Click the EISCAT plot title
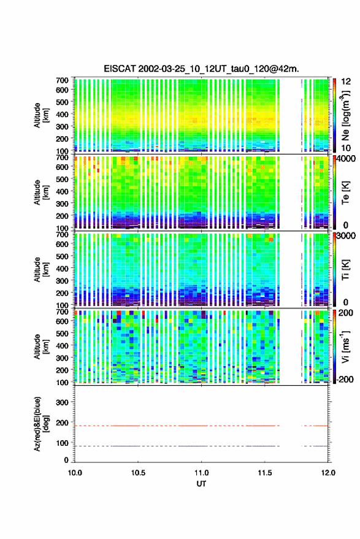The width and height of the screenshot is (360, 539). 201,69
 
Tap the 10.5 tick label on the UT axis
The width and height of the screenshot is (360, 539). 138,473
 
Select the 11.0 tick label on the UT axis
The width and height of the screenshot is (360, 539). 201,473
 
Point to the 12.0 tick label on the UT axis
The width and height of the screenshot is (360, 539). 328,473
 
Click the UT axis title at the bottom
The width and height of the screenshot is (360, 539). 201,484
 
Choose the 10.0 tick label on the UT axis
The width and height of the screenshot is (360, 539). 75,473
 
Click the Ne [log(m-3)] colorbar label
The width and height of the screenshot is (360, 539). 345,115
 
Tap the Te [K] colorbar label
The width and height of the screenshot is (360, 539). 345,193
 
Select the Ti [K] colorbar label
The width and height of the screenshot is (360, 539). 345,270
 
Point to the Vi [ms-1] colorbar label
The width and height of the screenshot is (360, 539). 345,346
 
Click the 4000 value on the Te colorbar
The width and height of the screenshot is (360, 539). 346,159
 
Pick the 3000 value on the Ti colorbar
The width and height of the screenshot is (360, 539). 346,236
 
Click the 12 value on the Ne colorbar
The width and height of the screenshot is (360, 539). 347,82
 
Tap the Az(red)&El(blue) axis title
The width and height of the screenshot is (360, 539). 40,424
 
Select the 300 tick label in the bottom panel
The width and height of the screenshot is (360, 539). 62,402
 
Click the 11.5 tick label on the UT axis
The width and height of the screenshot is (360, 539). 264,473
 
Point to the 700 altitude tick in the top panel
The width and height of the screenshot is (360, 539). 62,80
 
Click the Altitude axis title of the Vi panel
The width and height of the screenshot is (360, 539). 41,346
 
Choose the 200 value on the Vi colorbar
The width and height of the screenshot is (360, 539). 346,313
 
